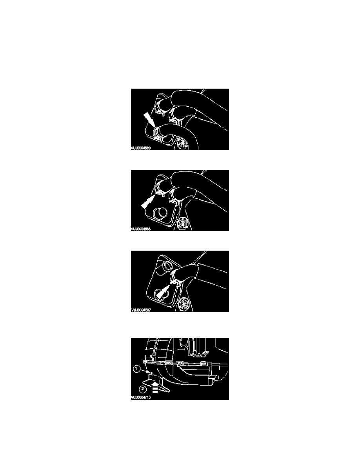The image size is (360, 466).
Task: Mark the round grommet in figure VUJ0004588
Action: click(x=183, y=223)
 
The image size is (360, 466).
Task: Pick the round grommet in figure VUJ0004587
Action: click(x=183, y=303)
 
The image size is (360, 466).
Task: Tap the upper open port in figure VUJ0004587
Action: click(x=164, y=268)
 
